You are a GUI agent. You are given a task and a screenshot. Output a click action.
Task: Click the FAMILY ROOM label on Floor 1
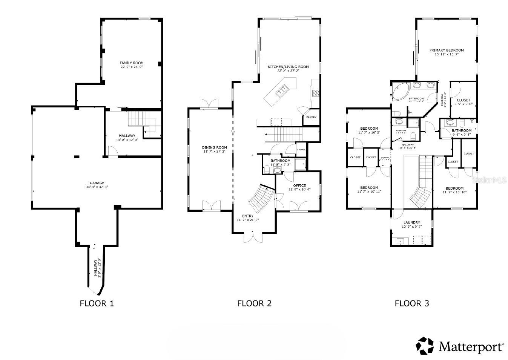(x=132, y=63)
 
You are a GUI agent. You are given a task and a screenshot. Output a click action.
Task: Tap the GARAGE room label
(x=97, y=183)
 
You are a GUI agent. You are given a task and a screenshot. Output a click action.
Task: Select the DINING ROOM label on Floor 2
(x=214, y=147)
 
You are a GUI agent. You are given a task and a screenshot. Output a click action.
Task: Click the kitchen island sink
(x=282, y=90)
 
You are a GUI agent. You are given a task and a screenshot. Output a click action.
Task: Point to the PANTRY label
(x=311, y=117)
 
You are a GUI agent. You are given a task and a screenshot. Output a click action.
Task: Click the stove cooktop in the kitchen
(x=316, y=93)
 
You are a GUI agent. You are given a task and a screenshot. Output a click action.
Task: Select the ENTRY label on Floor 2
(x=248, y=216)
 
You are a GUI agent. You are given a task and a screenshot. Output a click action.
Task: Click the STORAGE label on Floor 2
(x=301, y=150)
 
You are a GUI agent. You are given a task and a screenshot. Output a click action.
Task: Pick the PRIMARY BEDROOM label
(x=447, y=50)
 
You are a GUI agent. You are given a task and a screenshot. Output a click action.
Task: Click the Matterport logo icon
(x=425, y=346)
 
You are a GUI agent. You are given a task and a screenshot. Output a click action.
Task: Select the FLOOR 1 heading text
(x=97, y=303)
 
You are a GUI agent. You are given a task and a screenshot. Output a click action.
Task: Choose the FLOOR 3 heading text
(x=411, y=303)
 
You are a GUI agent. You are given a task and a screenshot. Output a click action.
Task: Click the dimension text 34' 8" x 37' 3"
(x=97, y=187)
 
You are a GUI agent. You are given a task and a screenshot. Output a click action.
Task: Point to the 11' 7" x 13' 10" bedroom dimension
(x=454, y=192)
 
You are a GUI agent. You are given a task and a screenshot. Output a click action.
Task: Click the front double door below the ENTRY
(x=253, y=238)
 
